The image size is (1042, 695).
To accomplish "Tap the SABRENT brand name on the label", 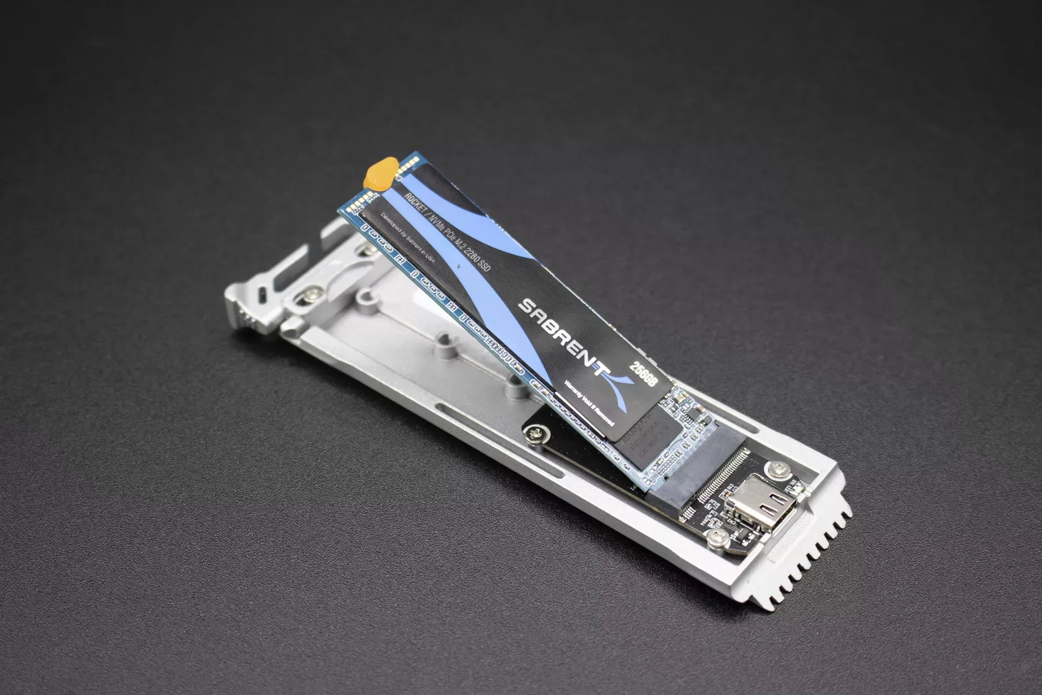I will coord(563,334).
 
